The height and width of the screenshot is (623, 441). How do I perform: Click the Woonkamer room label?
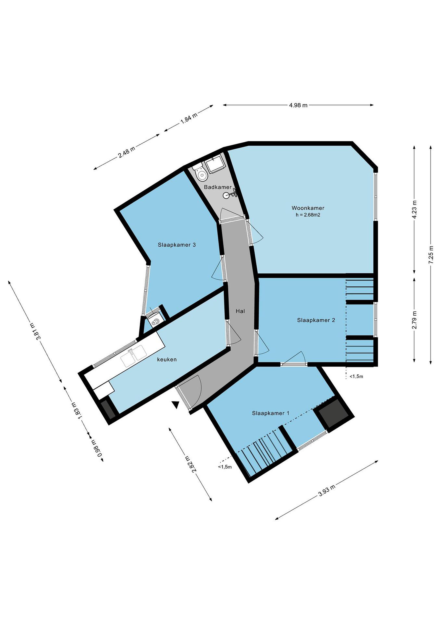308,208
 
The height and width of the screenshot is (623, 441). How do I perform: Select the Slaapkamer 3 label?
177,245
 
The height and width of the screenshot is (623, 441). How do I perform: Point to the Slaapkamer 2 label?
316,320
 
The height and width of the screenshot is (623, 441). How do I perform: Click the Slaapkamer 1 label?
270,413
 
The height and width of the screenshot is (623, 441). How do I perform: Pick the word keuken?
167,360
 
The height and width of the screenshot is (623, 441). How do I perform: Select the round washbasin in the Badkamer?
227,195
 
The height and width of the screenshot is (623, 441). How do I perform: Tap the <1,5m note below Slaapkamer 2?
356,376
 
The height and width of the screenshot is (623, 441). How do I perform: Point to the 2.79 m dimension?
415,320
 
